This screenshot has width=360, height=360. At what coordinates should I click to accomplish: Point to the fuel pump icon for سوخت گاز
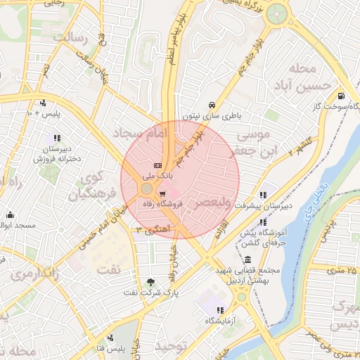point(341,96)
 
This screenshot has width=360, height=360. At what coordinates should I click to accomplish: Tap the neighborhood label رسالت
point(75,37)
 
